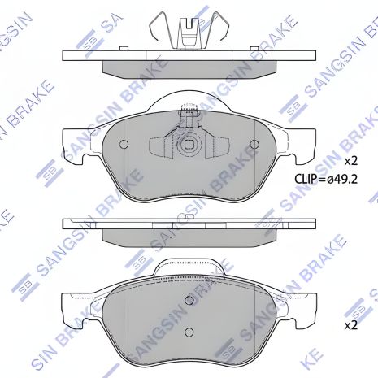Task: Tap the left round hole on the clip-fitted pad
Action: coord(124,146)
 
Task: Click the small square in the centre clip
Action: coord(189,146)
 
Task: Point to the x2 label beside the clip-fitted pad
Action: coord(350,160)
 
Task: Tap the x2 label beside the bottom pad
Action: coord(350,324)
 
